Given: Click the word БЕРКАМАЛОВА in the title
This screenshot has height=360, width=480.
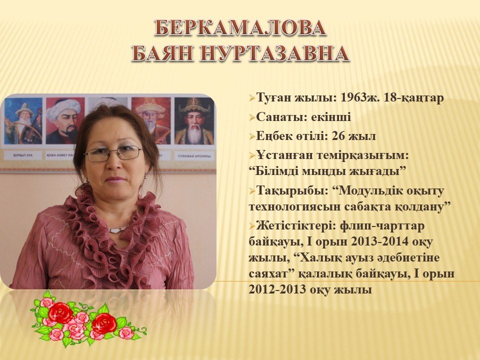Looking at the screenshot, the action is click(x=240, y=28).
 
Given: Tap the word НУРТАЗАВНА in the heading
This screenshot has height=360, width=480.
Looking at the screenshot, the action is click(x=274, y=53).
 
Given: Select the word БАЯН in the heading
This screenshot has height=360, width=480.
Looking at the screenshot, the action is click(x=163, y=53).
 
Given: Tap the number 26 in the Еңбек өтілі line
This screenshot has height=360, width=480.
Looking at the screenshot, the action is click(x=339, y=136).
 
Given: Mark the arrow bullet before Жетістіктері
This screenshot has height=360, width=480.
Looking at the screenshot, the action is click(x=252, y=226).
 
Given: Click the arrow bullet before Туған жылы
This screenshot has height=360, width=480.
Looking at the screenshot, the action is click(x=252, y=98).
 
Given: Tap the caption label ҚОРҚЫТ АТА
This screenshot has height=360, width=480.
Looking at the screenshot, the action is click(x=23, y=155).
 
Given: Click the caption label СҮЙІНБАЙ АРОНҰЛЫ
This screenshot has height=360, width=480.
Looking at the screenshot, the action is click(x=194, y=156).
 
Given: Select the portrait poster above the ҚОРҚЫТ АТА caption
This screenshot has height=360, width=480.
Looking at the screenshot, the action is click(x=23, y=121).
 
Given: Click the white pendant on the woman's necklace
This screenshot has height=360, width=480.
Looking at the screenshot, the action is click(x=116, y=229).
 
